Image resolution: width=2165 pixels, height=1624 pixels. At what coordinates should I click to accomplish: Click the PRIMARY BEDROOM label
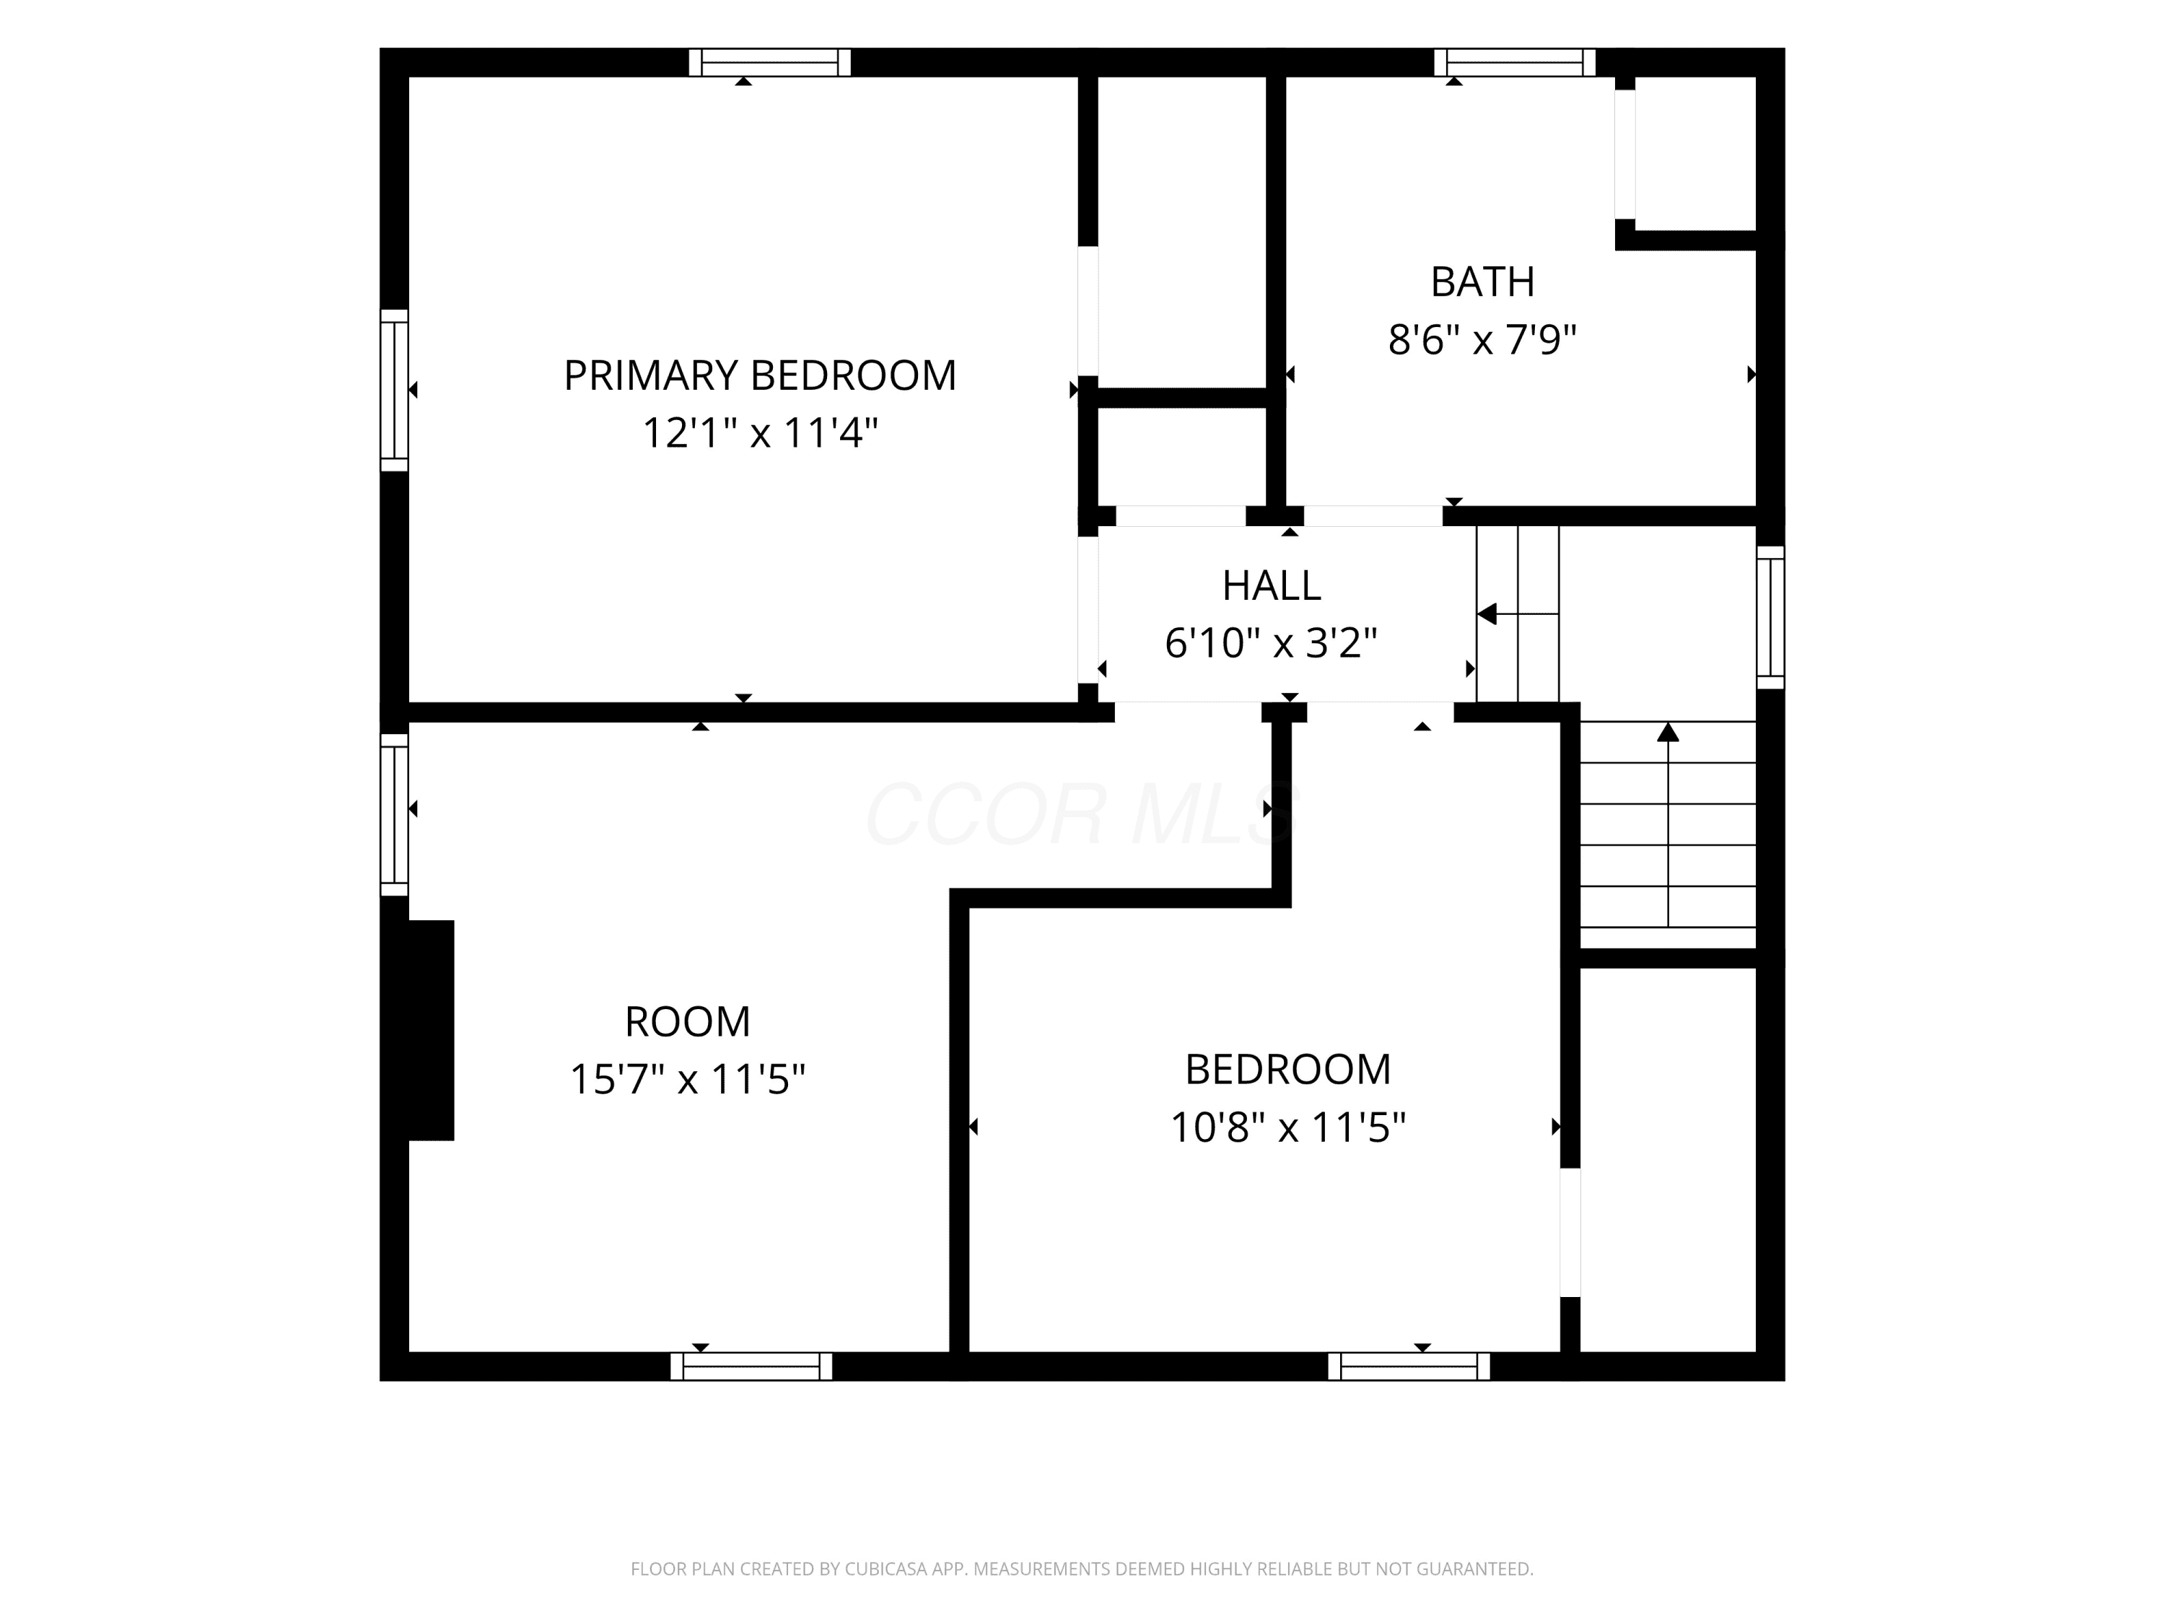759,375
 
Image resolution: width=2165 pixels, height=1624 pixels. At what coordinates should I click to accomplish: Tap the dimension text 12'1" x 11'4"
759,432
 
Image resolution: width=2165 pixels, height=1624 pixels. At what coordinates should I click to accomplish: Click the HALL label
1272,585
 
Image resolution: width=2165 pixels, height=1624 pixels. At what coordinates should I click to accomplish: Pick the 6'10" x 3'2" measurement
1272,643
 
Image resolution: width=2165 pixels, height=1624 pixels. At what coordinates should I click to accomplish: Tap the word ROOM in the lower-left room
687,1022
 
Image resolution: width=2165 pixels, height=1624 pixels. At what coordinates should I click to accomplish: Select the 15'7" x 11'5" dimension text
687,1080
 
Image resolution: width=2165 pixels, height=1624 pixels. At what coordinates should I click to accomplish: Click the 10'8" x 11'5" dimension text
1288,1127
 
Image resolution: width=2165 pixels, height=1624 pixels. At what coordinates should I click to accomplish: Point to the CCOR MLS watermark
1082,813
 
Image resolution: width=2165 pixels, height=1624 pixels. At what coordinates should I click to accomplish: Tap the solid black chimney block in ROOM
431,1030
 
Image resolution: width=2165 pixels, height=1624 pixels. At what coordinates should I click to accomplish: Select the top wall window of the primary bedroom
769,63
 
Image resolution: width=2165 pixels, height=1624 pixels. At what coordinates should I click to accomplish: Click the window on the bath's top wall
1515,63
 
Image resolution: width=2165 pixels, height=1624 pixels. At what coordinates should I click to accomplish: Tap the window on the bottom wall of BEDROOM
1409,1366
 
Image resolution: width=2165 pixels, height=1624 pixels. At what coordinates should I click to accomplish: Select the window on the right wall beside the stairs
1770,618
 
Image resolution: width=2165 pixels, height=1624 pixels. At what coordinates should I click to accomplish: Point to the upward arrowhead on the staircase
1668,731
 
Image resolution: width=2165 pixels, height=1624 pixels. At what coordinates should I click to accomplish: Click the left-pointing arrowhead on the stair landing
1487,614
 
